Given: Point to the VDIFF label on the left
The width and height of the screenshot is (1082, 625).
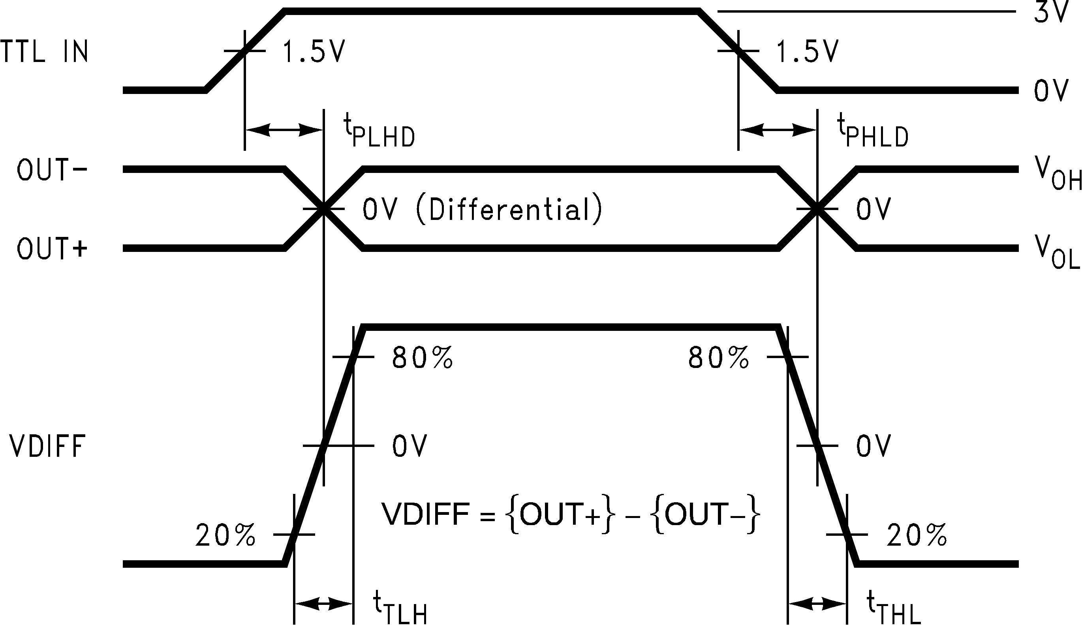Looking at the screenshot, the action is [47, 447].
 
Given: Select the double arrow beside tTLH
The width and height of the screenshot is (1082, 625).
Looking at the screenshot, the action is [324, 604].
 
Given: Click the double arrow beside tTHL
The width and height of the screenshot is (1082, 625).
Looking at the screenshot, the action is [817, 604].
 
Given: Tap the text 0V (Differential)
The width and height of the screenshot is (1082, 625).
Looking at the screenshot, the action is [483, 210].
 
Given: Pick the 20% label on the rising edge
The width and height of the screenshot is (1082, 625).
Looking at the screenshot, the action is [226, 535].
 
